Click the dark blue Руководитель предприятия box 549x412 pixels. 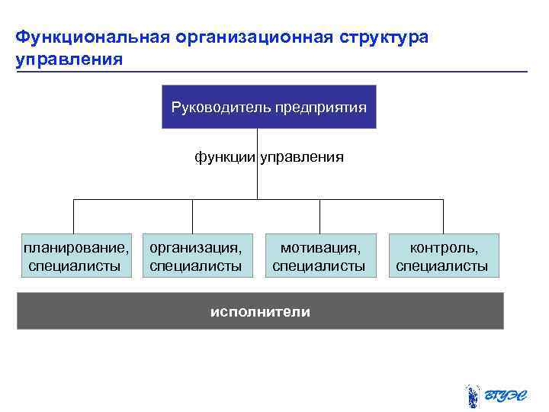click(x=269, y=107)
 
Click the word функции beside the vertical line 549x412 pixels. click(x=225, y=157)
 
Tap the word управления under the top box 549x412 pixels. click(x=303, y=157)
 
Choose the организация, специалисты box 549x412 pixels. click(x=196, y=256)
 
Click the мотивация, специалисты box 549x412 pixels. click(x=319, y=256)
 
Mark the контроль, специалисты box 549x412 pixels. click(x=443, y=256)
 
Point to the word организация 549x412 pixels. click(x=196, y=247)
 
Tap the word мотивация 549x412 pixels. click(x=319, y=247)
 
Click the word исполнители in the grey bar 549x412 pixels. click(x=261, y=311)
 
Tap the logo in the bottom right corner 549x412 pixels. click(x=493, y=396)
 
